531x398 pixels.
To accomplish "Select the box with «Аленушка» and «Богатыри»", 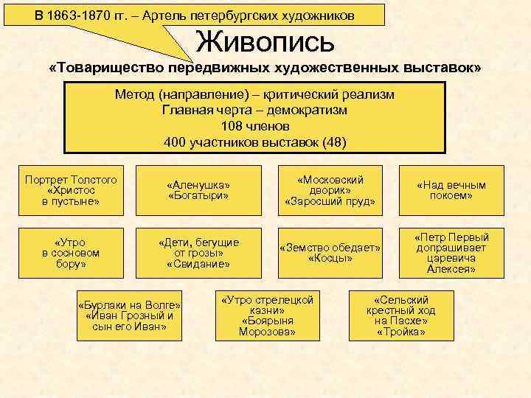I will [198, 190].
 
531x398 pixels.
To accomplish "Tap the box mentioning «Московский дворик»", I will [330, 190].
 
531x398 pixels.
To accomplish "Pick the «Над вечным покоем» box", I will [451, 190].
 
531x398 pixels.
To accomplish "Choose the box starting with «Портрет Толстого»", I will [71, 190].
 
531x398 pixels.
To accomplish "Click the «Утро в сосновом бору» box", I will [71, 252].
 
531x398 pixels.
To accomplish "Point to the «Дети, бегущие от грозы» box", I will [198, 252].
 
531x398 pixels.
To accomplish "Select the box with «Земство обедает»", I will [330, 252].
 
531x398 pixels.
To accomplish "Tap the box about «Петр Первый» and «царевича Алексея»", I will [451, 252].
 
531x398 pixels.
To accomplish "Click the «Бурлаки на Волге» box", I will [129, 316].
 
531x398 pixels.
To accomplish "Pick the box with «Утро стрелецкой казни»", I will [267, 316].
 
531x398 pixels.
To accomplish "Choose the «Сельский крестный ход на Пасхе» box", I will [400, 316].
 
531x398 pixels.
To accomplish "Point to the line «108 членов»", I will [254, 126].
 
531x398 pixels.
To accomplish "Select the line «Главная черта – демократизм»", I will [254, 110].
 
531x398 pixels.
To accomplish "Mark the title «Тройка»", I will [400, 332].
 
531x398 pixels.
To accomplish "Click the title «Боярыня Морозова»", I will [267, 327].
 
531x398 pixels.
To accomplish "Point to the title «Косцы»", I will [330, 259].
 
